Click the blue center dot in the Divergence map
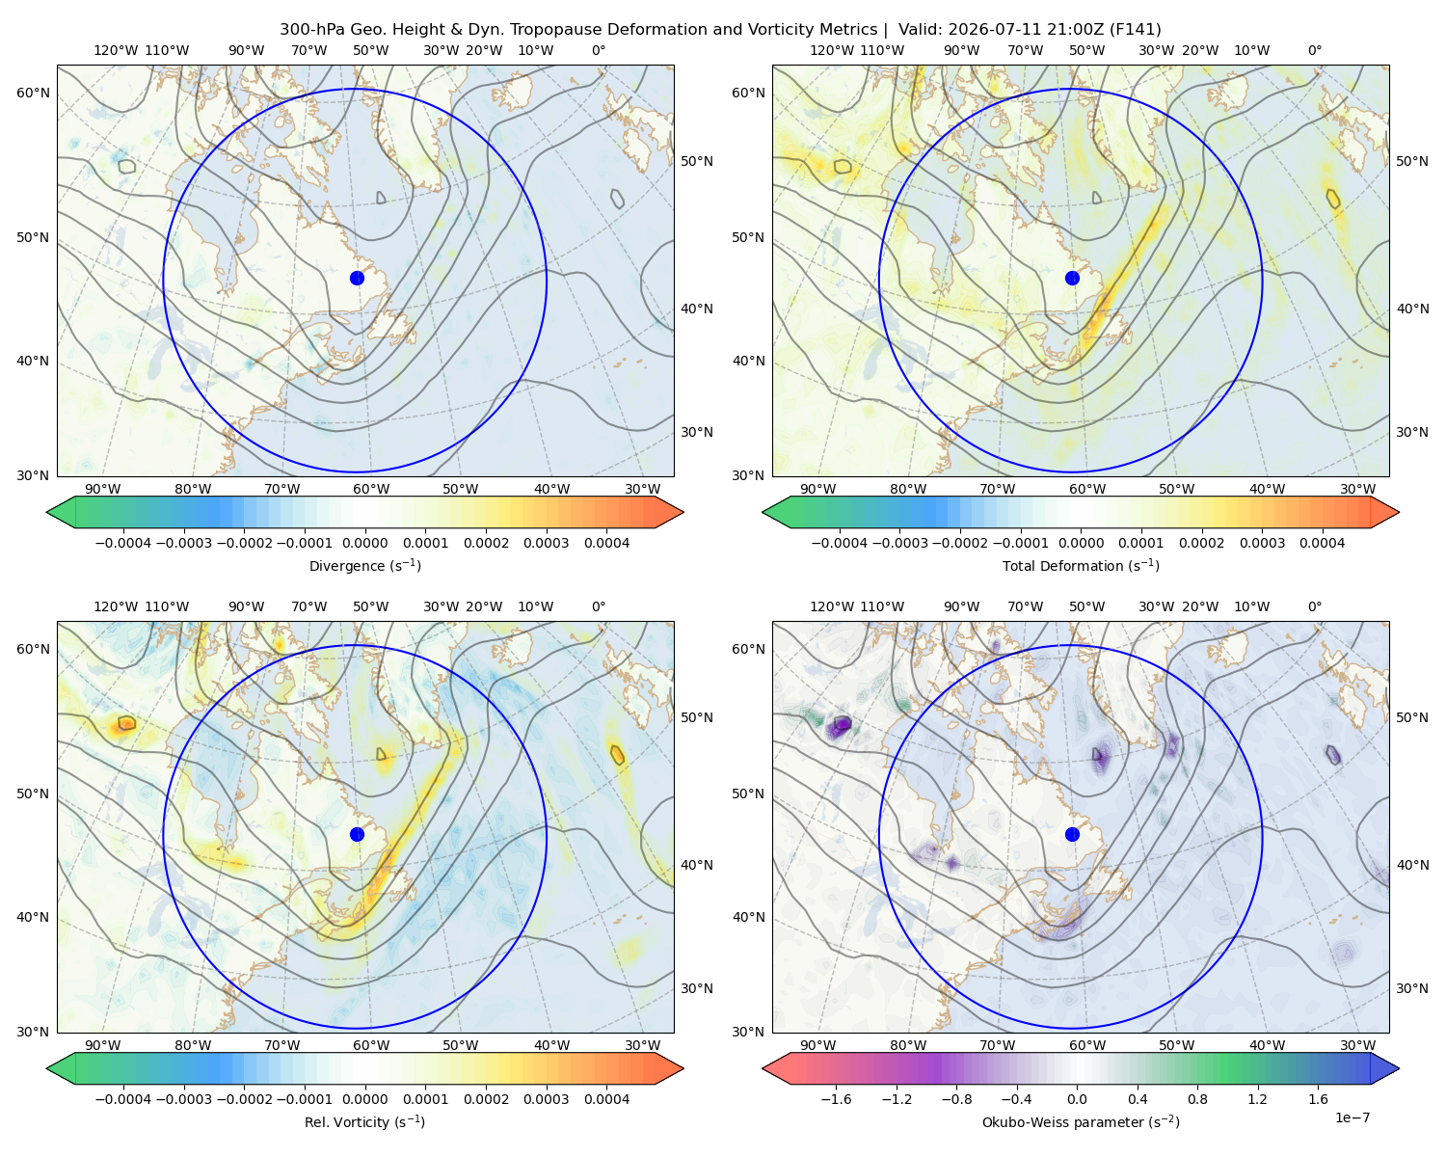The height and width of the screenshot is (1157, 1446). pyautogui.click(x=357, y=279)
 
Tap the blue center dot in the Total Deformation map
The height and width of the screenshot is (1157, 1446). pyautogui.click(x=1072, y=279)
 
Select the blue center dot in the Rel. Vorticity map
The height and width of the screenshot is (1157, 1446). pyautogui.click(x=357, y=834)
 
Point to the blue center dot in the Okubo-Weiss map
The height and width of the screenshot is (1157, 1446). pyautogui.click(x=1072, y=834)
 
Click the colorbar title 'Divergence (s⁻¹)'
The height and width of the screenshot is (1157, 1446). pyautogui.click(x=364, y=565)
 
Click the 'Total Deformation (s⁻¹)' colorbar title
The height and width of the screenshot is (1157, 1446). pyautogui.click(x=1081, y=565)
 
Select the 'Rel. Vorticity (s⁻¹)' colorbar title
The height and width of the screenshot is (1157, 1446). pyautogui.click(x=364, y=1122)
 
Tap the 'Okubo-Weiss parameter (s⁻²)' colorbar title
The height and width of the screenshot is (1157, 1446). pyautogui.click(x=1081, y=1122)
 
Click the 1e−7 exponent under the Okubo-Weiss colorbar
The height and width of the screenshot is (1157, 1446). pyautogui.click(x=1352, y=1118)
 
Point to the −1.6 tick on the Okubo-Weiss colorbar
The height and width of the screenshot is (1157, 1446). pyautogui.click(x=836, y=1099)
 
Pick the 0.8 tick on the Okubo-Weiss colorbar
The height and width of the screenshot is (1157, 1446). pyautogui.click(x=1197, y=1099)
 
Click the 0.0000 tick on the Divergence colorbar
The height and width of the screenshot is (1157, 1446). pyautogui.click(x=364, y=543)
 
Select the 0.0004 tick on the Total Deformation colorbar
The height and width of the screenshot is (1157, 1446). pyautogui.click(x=1323, y=543)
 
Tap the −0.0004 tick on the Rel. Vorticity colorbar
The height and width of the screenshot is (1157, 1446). pyautogui.click(x=123, y=1099)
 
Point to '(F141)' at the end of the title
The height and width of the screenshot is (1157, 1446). pyautogui.click(x=1135, y=30)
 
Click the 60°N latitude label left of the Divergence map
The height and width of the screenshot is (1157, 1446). pyautogui.click(x=33, y=93)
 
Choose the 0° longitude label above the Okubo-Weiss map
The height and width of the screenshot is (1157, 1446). pyautogui.click(x=1315, y=606)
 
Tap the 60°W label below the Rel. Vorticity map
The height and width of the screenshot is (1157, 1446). pyautogui.click(x=371, y=1045)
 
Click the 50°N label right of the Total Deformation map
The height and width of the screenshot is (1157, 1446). pyautogui.click(x=1412, y=161)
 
